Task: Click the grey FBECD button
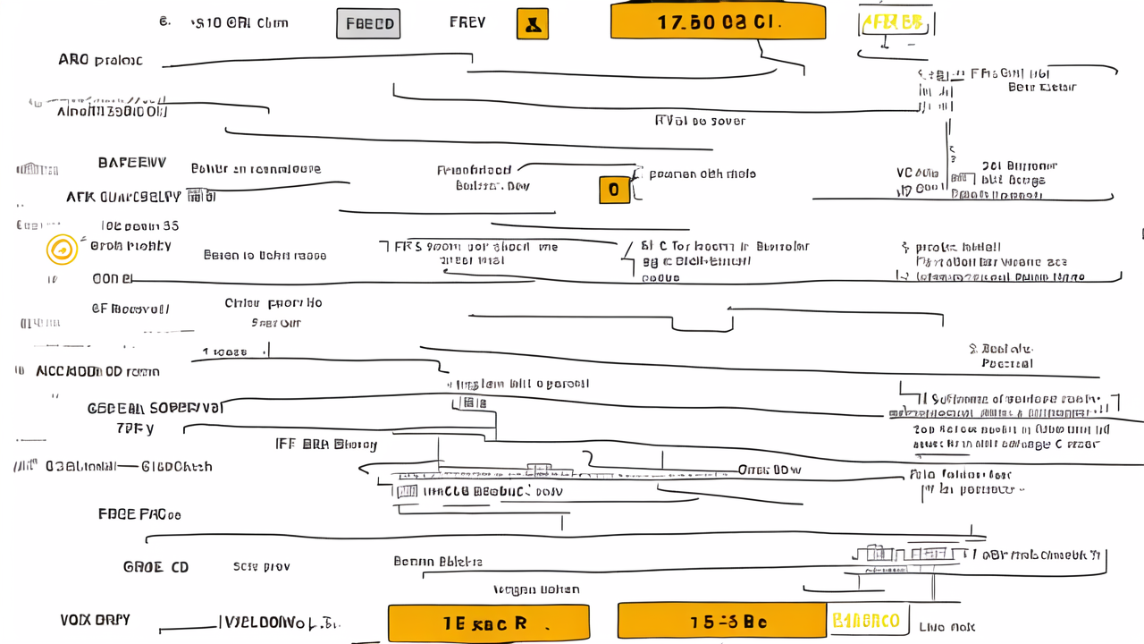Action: point(368,24)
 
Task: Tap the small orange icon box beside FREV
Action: point(533,24)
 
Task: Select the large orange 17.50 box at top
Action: point(718,22)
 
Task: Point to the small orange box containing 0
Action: point(614,190)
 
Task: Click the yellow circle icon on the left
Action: point(63,250)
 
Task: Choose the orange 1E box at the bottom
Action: point(488,623)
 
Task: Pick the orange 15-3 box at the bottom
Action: point(721,622)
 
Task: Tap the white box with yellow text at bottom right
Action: point(866,621)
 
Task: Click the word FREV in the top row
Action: point(467,22)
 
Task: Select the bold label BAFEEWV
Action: point(131,164)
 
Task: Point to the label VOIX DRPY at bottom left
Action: point(95,620)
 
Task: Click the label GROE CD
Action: point(156,567)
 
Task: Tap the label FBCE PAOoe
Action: point(139,514)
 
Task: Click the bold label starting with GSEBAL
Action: point(156,408)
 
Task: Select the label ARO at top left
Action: point(100,61)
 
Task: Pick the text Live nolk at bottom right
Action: point(946,627)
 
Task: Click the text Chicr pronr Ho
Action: point(273,303)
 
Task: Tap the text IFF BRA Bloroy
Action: point(326,445)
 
